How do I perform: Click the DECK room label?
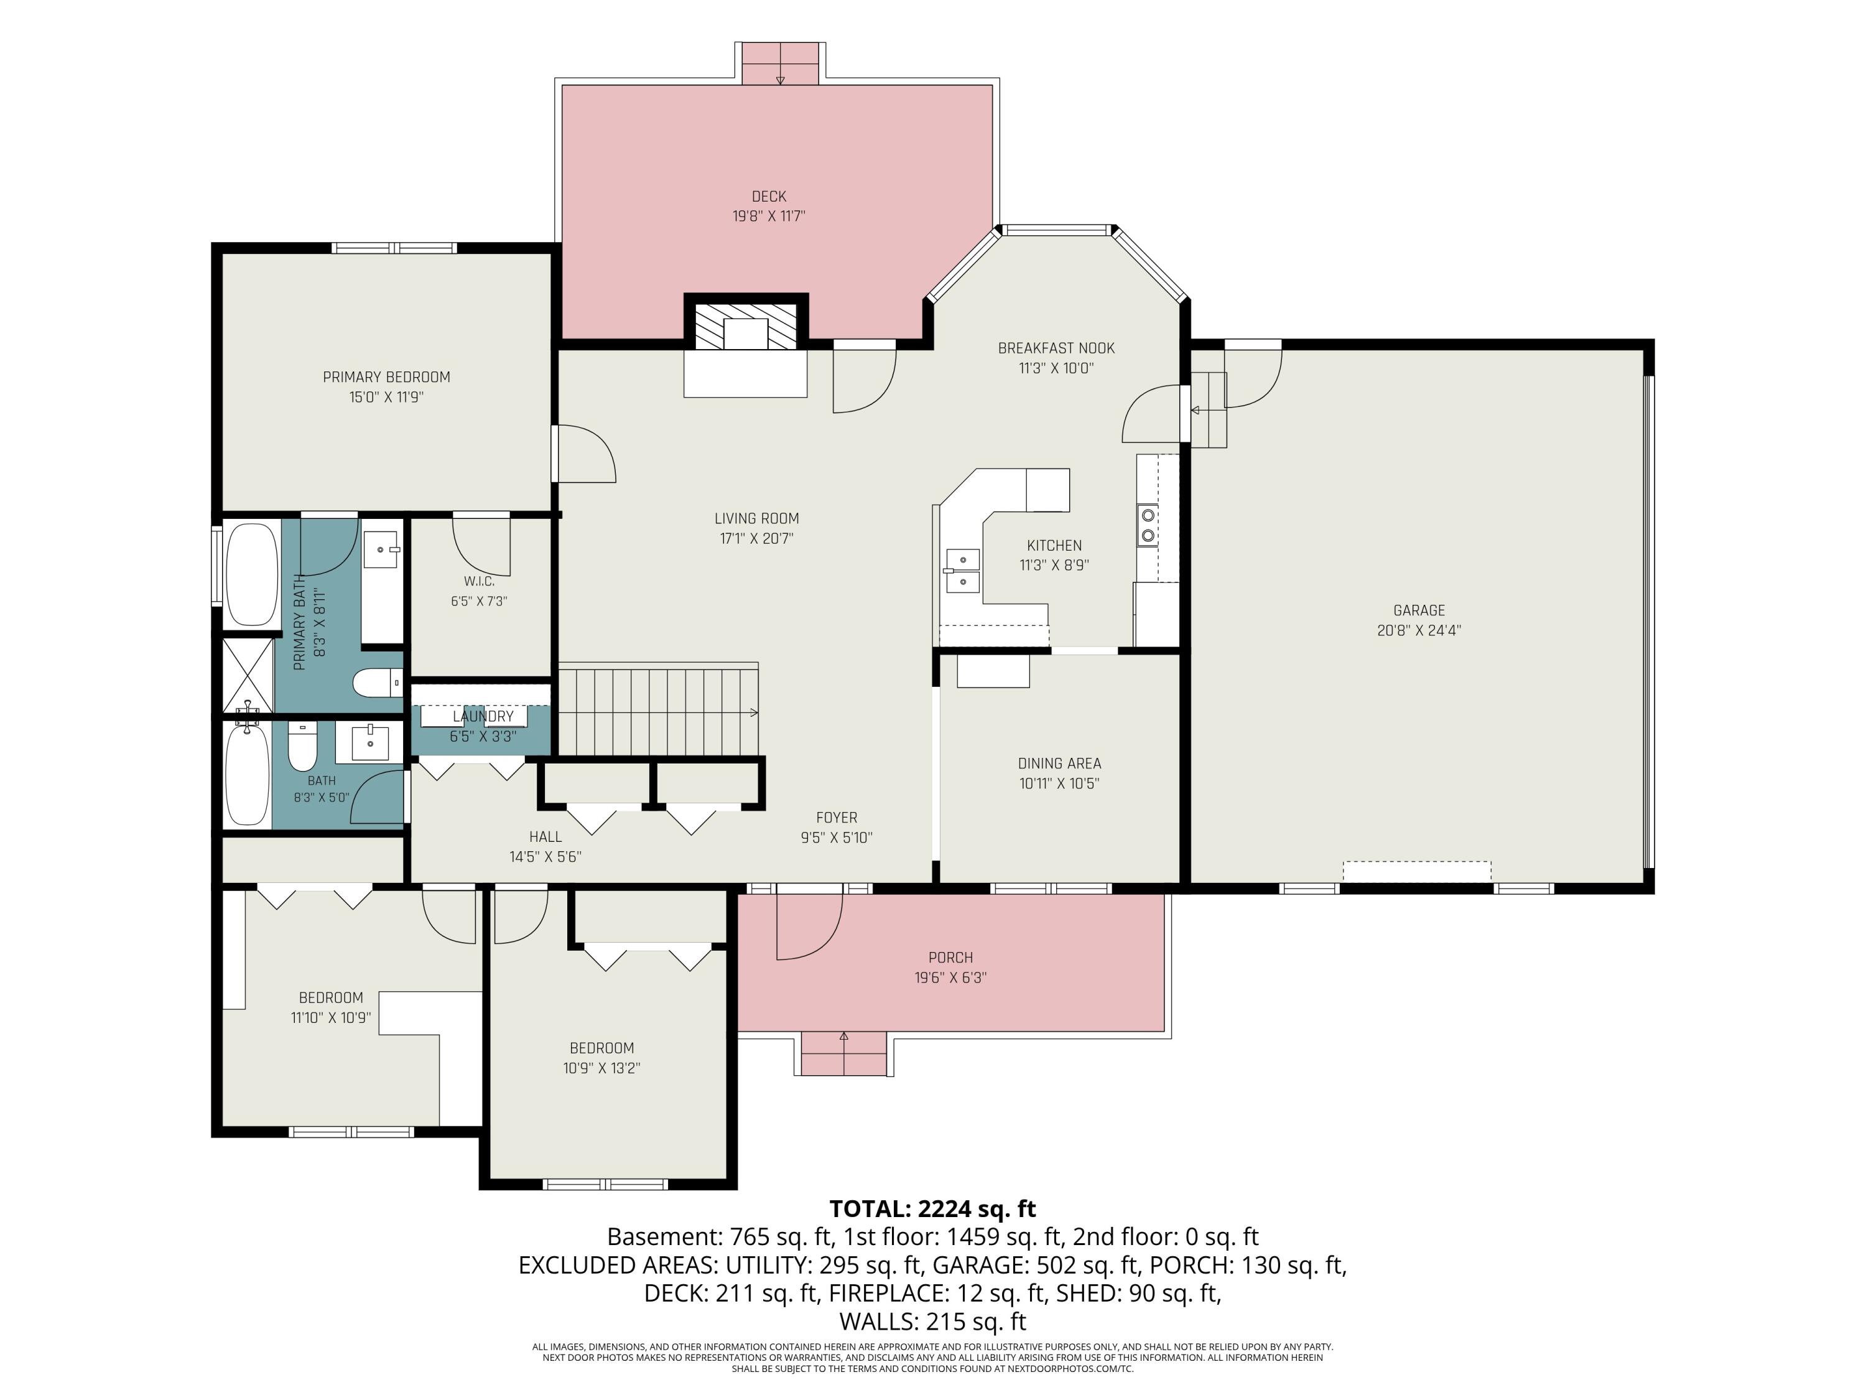coord(769,197)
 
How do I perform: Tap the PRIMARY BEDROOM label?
coord(386,377)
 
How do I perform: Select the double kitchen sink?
coord(962,571)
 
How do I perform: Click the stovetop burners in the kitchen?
coord(1147,524)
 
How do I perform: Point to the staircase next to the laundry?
coord(659,712)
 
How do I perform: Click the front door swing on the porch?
coord(810,926)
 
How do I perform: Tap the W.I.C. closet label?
coord(478,581)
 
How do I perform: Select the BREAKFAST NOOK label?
coord(1056,348)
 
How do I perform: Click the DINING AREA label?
coord(1059,763)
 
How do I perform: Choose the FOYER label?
coord(837,818)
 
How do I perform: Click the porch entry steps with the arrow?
coord(843,1053)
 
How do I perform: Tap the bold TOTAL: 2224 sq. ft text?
coord(932,1209)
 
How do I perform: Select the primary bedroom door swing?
coord(585,454)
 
